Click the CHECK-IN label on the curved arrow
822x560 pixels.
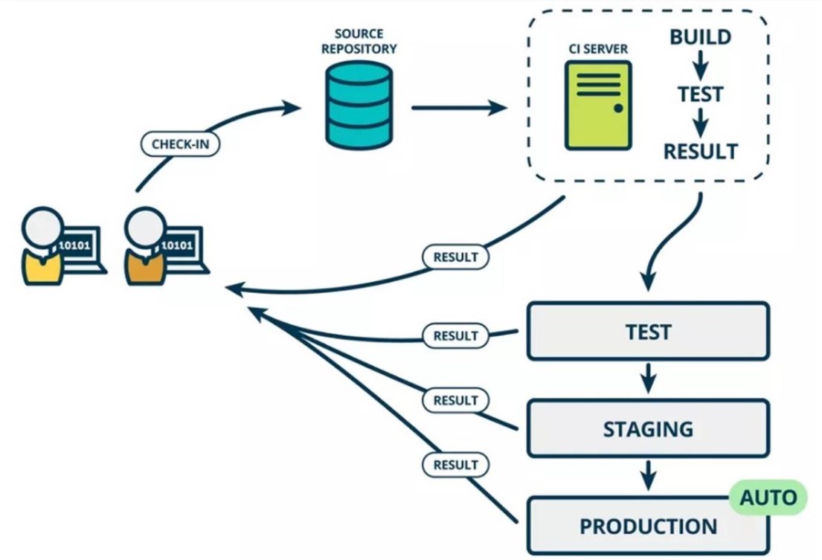pyautogui.click(x=180, y=144)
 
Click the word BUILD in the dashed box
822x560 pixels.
pyautogui.click(x=700, y=37)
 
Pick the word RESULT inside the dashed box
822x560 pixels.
pyautogui.click(x=700, y=152)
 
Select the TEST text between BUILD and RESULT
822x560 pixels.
pyautogui.click(x=700, y=94)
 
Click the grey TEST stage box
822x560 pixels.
pyautogui.click(x=648, y=331)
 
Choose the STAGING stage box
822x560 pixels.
pyautogui.click(x=648, y=428)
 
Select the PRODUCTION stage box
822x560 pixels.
pyautogui.click(x=648, y=527)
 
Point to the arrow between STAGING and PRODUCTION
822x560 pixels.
pyautogui.click(x=649, y=474)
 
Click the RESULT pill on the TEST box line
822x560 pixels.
pyautogui.click(x=456, y=335)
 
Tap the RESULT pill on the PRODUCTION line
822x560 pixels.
pyautogui.click(x=456, y=466)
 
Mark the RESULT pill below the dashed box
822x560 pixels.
pyautogui.click(x=456, y=257)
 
